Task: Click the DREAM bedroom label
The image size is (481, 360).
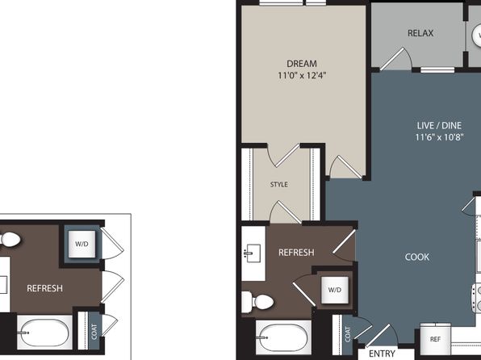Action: pos(302,64)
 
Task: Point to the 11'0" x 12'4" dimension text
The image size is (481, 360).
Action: pos(302,75)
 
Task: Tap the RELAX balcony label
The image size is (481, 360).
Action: pos(420,33)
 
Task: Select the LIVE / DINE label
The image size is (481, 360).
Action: pos(439,125)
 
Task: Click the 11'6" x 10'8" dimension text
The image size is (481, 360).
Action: pos(439,137)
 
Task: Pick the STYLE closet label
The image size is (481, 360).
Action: pos(279,184)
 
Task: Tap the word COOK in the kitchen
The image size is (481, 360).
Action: pos(417,257)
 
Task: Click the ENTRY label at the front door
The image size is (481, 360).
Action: pos(382,354)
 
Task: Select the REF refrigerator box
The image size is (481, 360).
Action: pos(435,339)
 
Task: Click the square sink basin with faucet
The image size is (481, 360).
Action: pos(253,253)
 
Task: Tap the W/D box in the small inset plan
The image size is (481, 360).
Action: pos(82,244)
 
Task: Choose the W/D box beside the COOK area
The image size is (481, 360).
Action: pos(335,290)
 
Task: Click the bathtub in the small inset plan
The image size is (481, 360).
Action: pos(44,333)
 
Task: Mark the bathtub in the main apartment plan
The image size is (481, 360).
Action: pos(283,337)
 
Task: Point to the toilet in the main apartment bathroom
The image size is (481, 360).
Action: pos(257,302)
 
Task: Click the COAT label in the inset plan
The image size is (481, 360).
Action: pos(94,332)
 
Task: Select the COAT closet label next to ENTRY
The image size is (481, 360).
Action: pos(348,334)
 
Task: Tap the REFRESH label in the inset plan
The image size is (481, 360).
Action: pos(44,288)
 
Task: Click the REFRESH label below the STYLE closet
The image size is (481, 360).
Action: pos(296,253)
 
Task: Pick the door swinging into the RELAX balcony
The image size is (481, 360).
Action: pos(395,58)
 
